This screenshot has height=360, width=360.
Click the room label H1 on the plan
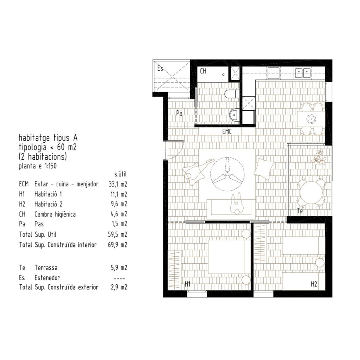188,284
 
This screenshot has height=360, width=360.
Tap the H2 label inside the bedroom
314,284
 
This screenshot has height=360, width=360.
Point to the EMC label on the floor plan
227,131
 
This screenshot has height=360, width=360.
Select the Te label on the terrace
300,211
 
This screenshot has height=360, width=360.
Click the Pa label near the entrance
179,113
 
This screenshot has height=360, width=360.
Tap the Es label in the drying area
160,68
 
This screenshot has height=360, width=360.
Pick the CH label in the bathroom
203,71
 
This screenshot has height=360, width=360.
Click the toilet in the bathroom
232,94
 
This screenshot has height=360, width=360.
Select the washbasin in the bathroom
234,114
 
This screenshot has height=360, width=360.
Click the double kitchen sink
303,73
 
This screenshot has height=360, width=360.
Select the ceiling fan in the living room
227,174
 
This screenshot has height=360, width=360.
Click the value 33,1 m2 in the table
118,184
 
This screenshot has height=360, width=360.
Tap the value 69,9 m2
117,245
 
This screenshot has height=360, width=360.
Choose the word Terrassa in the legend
46,268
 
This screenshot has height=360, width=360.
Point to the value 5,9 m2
119,268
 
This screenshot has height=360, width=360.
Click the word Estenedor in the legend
47,278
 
